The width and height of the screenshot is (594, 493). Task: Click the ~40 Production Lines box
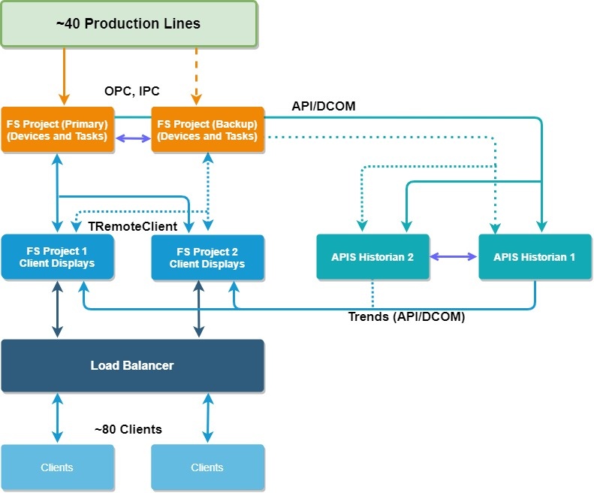pyautogui.click(x=128, y=24)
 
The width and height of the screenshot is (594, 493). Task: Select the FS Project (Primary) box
pyautogui.click(x=57, y=129)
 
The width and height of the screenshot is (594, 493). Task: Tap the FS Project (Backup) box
pyautogui.click(x=207, y=129)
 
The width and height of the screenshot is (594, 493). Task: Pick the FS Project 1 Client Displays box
pyautogui.click(x=57, y=257)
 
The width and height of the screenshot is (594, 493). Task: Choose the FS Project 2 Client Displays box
pyautogui.click(x=207, y=257)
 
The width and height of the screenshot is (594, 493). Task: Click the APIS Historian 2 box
pyautogui.click(x=372, y=257)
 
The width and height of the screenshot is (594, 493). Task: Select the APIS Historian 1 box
pyautogui.click(x=535, y=257)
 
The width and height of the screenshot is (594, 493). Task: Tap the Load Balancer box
pyautogui.click(x=132, y=366)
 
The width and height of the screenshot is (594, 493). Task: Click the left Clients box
pyautogui.click(x=57, y=467)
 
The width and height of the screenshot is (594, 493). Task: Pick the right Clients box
pyautogui.click(x=207, y=467)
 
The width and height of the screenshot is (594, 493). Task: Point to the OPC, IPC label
pyautogui.click(x=132, y=92)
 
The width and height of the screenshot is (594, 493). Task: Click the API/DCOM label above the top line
pyautogui.click(x=324, y=107)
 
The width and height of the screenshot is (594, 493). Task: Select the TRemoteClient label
pyautogui.click(x=133, y=225)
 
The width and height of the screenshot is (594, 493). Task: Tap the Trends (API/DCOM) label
pyautogui.click(x=406, y=317)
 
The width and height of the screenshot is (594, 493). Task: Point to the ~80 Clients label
pyautogui.click(x=128, y=430)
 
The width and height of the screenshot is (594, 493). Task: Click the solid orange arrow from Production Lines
pyautogui.click(x=65, y=75)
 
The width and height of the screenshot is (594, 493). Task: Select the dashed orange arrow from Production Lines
pyautogui.click(x=196, y=75)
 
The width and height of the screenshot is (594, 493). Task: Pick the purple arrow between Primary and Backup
pyautogui.click(x=132, y=138)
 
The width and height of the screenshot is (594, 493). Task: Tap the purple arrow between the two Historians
pyautogui.click(x=454, y=257)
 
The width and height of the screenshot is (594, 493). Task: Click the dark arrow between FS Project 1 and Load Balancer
pyautogui.click(x=57, y=309)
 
